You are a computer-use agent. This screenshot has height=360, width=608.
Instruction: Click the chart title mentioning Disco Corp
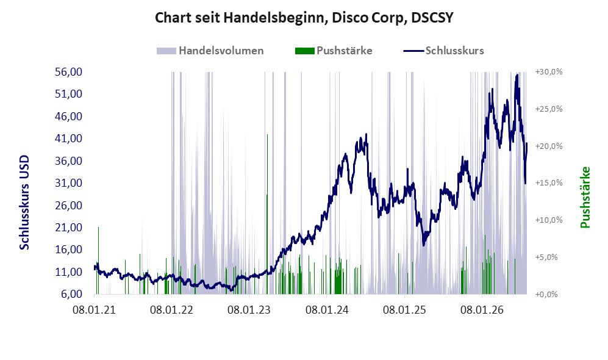(x=304, y=18)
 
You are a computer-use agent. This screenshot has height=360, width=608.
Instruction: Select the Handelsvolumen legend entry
(x=210, y=51)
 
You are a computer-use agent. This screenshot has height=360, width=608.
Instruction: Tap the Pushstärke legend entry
(x=334, y=51)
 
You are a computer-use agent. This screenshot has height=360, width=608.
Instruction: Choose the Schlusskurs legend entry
(x=443, y=51)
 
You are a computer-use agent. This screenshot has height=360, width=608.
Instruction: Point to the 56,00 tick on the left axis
(x=69, y=72)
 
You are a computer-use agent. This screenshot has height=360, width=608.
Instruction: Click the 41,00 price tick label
(x=69, y=139)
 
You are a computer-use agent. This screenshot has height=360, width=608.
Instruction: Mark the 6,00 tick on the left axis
(x=72, y=294)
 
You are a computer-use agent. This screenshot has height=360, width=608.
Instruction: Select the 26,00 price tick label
(x=69, y=205)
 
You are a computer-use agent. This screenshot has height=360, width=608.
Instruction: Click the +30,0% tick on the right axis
(x=549, y=72)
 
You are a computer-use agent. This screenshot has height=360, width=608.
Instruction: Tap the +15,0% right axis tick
(x=549, y=182)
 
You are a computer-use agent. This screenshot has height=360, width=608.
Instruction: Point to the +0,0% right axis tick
(x=547, y=294)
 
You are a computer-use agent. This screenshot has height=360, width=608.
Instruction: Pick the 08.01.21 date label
(x=95, y=310)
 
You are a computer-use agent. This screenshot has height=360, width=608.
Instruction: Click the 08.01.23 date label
(x=249, y=310)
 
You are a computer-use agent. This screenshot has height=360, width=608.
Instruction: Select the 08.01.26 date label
(x=482, y=310)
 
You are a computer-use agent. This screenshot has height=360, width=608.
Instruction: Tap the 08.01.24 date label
(x=327, y=310)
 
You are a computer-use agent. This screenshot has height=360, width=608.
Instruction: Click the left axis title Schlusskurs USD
(x=24, y=203)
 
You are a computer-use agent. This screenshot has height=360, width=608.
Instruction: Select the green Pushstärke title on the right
(x=585, y=198)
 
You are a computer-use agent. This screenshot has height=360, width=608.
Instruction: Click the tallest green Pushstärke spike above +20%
(x=267, y=214)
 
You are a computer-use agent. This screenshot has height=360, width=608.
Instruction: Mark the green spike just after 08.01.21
(x=98, y=261)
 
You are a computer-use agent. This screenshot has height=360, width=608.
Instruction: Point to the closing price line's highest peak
(x=517, y=75)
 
